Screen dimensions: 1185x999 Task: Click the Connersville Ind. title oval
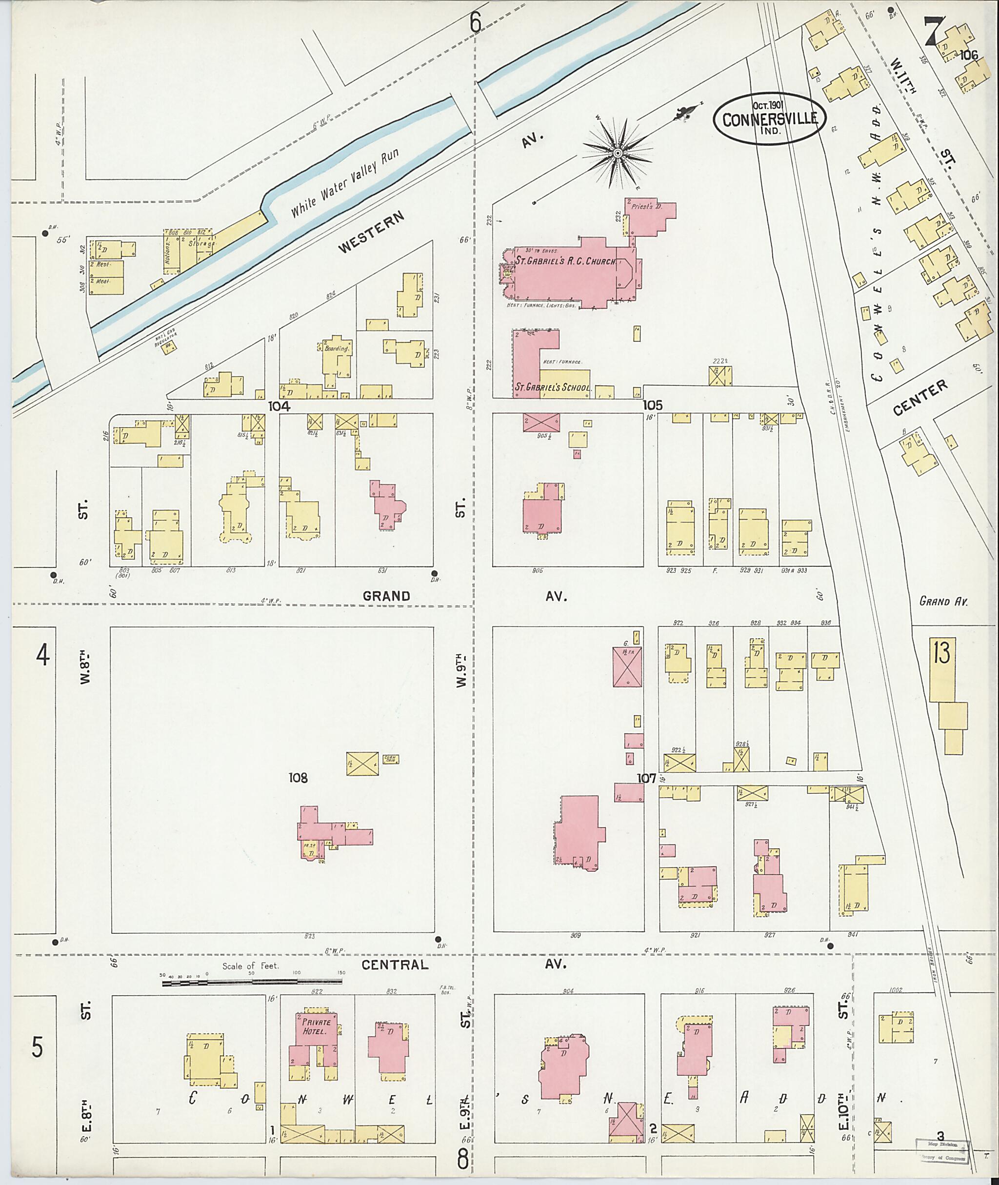(x=769, y=120)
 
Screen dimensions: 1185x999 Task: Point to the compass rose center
(x=618, y=153)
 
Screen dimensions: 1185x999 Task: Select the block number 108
(x=298, y=778)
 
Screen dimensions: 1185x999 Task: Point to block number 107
(x=646, y=779)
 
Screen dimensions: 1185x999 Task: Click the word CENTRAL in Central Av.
(x=394, y=964)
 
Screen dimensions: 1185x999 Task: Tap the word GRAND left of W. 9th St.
(x=386, y=596)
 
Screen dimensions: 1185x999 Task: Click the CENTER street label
(x=919, y=398)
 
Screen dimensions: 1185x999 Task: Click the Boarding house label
(x=337, y=349)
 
